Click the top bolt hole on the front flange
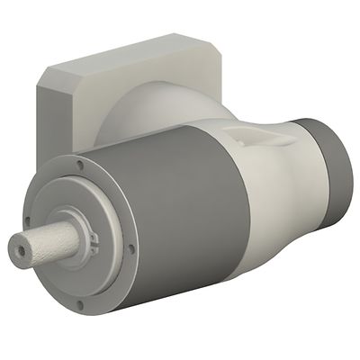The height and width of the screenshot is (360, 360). [82, 166]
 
